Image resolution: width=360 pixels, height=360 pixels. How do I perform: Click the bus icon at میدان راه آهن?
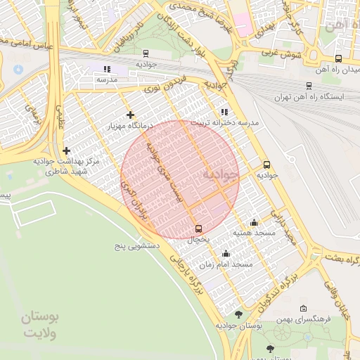click(x=338, y=59)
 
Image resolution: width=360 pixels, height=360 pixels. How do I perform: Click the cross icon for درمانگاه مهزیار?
click(x=130, y=115)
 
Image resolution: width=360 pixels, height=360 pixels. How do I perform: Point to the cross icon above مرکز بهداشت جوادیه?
click(x=66, y=150)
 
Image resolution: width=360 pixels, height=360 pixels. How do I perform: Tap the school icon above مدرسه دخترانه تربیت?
click(x=224, y=112)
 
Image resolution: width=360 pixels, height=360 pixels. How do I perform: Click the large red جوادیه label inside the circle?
click(x=221, y=173)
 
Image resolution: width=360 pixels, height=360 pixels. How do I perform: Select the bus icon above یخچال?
click(x=198, y=229)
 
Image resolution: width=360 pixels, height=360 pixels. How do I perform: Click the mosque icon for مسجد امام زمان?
click(x=226, y=254)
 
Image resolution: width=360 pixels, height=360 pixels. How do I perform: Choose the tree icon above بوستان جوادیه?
click(x=239, y=314)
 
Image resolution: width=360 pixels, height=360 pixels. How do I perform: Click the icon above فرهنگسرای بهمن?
click(x=303, y=308)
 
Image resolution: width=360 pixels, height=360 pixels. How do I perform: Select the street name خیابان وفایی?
click(x=337, y=296)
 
